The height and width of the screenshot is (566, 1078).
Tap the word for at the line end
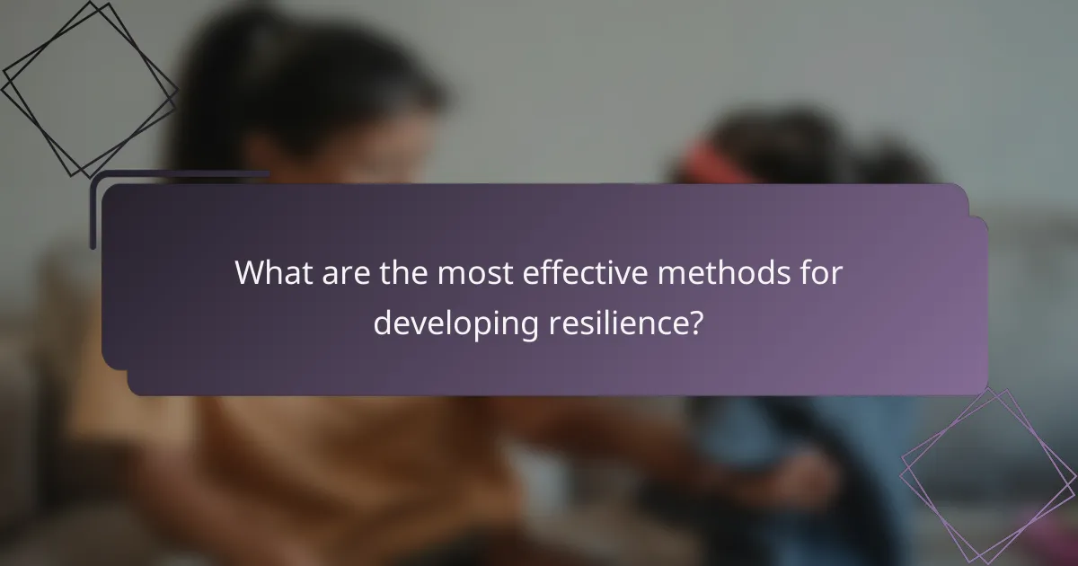[818, 274]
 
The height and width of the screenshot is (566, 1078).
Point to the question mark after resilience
[694, 323]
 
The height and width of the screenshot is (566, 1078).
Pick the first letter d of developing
[382, 323]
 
